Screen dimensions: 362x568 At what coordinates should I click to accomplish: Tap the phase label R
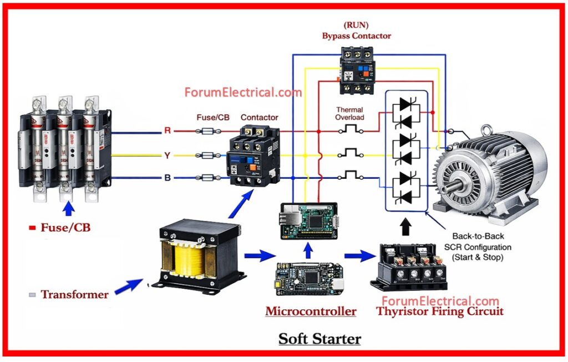pyautogui.click(x=167, y=131)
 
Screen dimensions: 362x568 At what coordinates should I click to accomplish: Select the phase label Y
pyautogui.click(x=167, y=155)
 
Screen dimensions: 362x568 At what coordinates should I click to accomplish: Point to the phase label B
pyautogui.click(x=167, y=178)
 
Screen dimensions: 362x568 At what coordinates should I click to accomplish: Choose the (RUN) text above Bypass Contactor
pyautogui.click(x=357, y=26)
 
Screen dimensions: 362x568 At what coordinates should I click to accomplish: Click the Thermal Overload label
pyautogui.click(x=349, y=113)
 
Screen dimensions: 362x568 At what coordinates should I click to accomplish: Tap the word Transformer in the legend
pyautogui.click(x=74, y=294)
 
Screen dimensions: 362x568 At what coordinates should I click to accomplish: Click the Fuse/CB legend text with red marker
pyautogui.click(x=65, y=227)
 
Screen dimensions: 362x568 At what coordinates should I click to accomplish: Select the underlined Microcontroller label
pyautogui.click(x=311, y=311)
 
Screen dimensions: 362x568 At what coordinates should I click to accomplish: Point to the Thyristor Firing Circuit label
pyautogui.click(x=440, y=311)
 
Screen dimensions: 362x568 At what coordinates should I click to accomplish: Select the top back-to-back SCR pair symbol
pyautogui.click(x=405, y=111)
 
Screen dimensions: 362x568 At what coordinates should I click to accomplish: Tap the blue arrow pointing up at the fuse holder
pyautogui.click(x=68, y=208)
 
